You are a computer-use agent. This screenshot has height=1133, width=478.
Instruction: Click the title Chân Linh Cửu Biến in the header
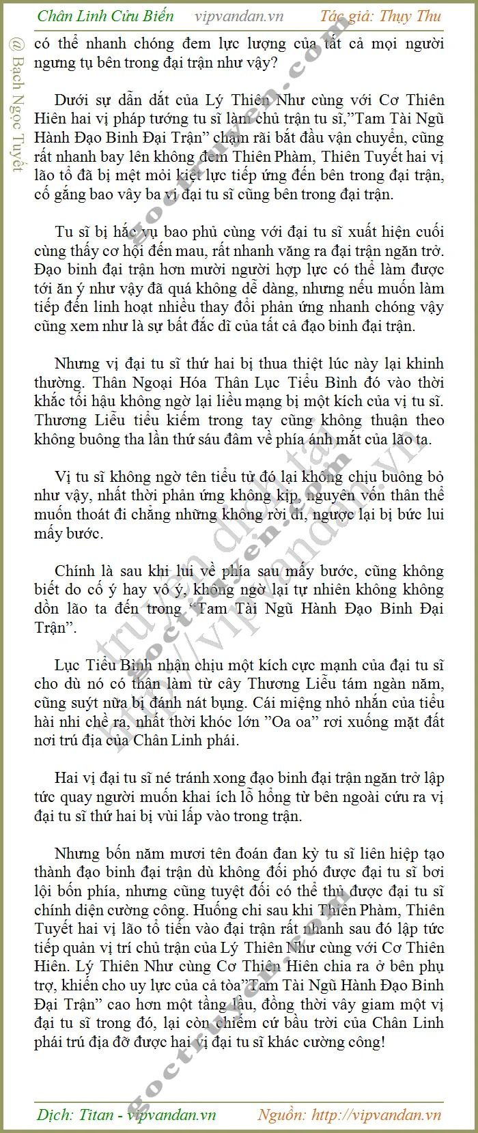coord(106,16)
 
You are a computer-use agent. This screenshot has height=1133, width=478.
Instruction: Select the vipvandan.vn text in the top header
coord(239,16)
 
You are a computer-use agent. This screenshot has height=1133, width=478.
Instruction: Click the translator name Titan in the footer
coord(96,1115)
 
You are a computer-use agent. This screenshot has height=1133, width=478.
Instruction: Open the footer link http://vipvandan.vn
coord(376,1115)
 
